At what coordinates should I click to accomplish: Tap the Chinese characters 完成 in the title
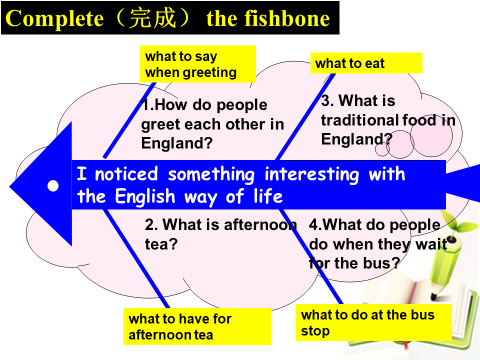(153, 18)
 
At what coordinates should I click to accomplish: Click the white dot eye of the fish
(53, 185)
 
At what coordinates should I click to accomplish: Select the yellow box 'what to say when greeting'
(198, 64)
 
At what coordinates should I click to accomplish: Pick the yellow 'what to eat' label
(366, 63)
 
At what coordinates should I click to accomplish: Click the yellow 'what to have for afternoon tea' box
(197, 326)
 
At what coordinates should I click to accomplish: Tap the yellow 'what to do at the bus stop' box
(374, 322)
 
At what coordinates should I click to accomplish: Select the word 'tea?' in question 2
(161, 244)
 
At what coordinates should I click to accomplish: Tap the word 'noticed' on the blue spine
(126, 174)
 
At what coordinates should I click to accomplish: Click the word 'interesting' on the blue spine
(311, 174)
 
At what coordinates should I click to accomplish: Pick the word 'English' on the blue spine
(145, 196)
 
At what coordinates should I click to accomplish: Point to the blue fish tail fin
(463, 183)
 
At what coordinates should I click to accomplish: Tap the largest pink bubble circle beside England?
(431, 136)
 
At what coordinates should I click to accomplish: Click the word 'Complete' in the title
(55, 19)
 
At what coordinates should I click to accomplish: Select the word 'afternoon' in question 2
(260, 224)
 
